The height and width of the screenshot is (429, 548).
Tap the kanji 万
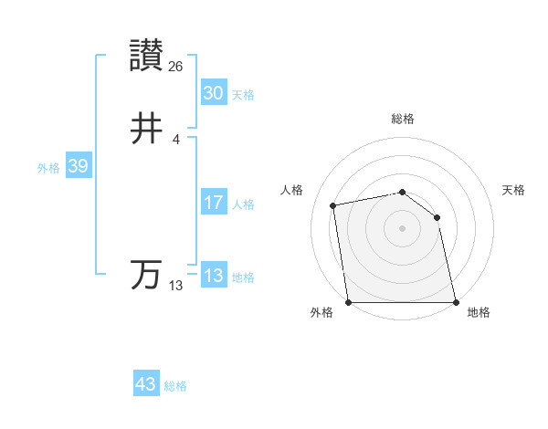point(146,275)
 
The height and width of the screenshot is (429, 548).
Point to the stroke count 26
point(176,66)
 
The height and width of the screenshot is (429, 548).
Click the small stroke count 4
point(175,139)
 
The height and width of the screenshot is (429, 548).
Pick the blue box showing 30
point(213,93)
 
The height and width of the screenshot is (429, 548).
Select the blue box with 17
point(213,203)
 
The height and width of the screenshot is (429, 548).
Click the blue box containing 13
point(213,276)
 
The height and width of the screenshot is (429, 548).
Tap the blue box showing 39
point(78,166)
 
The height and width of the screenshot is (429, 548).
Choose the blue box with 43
point(146,384)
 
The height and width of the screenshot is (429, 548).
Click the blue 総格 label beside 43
point(175,386)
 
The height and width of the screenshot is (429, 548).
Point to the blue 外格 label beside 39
point(48,168)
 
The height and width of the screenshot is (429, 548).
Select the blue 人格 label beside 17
point(243,204)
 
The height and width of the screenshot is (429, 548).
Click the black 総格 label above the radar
point(403,119)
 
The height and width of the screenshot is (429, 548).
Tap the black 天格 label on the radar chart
point(513,190)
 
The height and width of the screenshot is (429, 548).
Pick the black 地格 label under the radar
point(479,313)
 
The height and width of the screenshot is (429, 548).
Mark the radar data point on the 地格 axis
point(455,301)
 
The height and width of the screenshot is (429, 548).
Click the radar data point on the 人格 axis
point(334,205)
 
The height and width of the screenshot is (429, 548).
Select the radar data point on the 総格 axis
point(403,192)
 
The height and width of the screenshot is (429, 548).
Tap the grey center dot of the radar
point(403,228)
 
